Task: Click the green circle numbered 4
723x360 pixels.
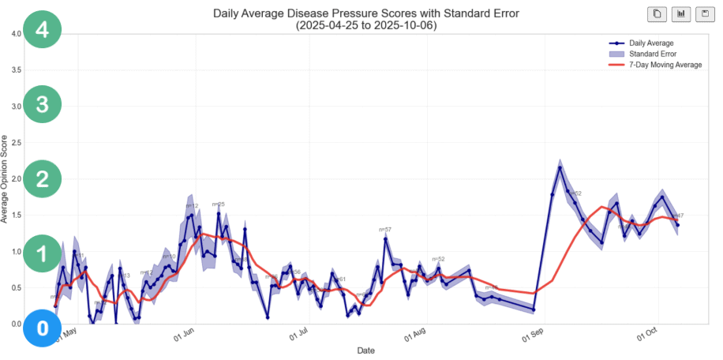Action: (43, 31)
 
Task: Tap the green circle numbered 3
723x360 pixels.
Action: (43, 105)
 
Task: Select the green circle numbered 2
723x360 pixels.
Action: (43, 179)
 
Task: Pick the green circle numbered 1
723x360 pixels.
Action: (43, 253)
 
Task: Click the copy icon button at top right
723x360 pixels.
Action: (657, 14)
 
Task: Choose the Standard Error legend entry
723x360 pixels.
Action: (652, 54)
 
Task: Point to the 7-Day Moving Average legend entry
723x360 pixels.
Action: (665, 65)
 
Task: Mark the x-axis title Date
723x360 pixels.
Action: (365, 350)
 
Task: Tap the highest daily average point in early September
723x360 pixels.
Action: (560, 167)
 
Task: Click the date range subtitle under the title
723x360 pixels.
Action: (365, 25)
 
